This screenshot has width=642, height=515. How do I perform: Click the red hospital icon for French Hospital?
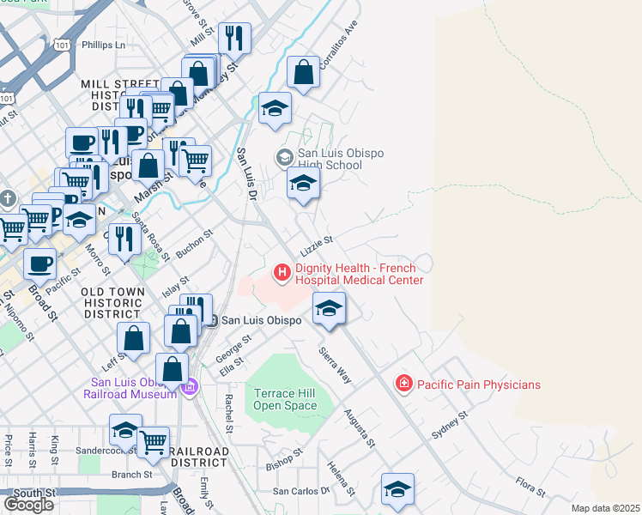coord(281,273)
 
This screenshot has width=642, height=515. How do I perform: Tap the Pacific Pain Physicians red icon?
coord(403,384)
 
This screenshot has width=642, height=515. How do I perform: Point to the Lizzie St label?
coord(315,245)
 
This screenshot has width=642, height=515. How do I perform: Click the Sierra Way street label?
coord(335,365)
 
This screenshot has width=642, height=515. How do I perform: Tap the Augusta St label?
coord(360,427)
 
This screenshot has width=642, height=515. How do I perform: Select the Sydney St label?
coord(449,424)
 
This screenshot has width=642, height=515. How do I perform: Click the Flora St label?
coord(530,486)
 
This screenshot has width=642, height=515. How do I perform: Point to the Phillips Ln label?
coord(103,45)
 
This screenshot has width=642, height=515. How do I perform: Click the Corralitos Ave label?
coord(337,45)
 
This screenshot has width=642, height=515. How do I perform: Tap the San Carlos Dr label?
coord(301,491)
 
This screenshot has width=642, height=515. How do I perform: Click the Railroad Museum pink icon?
coord(191,387)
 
